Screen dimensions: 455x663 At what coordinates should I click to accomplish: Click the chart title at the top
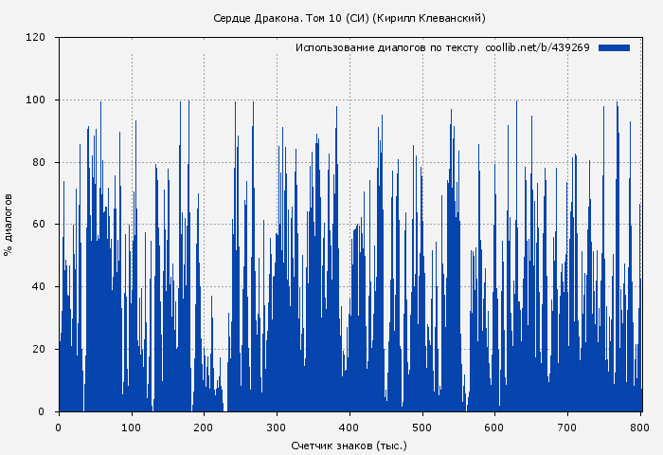tap(349, 18)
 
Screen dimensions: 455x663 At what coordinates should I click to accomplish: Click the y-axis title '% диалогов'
tap(9, 225)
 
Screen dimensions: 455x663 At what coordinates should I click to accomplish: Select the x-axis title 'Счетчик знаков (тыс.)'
tap(349, 445)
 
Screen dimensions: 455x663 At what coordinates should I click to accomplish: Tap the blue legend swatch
tap(614, 47)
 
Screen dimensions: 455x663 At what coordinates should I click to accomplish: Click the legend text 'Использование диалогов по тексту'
tap(386, 47)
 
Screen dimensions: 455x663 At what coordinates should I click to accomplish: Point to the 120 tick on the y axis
tap(37, 38)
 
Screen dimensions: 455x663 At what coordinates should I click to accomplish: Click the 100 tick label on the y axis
tap(37, 100)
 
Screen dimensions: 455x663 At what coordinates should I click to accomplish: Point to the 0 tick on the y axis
tap(43, 411)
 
